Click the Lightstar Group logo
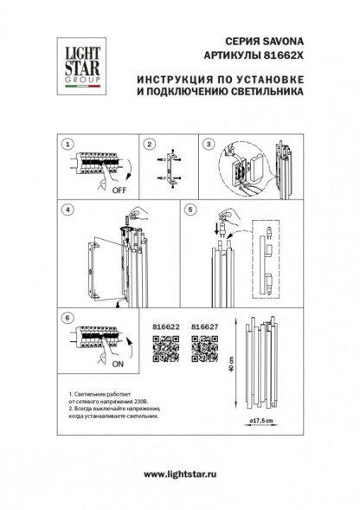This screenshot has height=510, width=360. coord(76,62)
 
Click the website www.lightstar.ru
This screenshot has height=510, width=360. coord(180,473)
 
